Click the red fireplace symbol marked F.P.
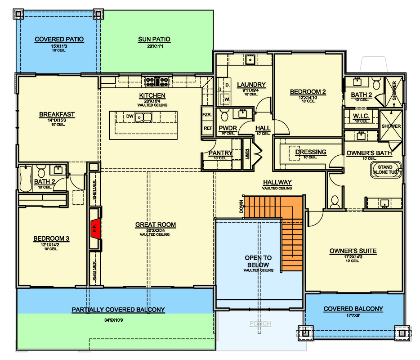pyautogui.click(x=95, y=228)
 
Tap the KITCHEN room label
pyautogui.click(x=152, y=96)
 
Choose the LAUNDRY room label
pyautogui.click(x=251, y=85)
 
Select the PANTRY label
pyautogui.click(x=220, y=153)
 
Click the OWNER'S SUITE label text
pyautogui.click(x=353, y=251)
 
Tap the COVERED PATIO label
pyautogui.click(x=59, y=40)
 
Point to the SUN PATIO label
pyautogui.click(x=154, y=40)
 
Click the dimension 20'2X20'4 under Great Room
pyautogui.click(x=155, y=230)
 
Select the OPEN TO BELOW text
pyautogui.click(x=259, y=261)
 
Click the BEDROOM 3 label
pyautogui.click(x=51, y=238)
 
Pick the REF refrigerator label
pyautogui.click(x=207, y=128)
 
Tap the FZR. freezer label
pyautogui.click(x=207, y=114)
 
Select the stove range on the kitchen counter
pyautogui.click(x=157, y=81)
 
